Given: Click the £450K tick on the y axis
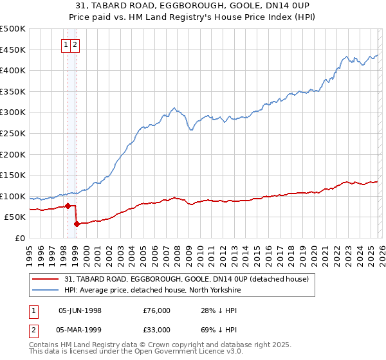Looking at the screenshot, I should pyautogui.click(x=13, y=50).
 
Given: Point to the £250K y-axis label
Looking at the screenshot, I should pyautogui.click(x=13, y=133).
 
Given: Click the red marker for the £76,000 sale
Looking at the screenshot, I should pyautogui.click(x=68, y=206).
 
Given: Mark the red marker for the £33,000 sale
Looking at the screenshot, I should pyautogui.click(x=77, y=224).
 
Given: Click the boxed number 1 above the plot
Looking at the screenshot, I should pyautogui.click(x=67, y=45).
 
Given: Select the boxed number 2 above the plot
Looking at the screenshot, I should pyautogui.click(x=76, y=45).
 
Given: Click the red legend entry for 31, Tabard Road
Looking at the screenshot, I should pyautogui.click(x=187, y=279).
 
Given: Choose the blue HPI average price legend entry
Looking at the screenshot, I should pyautogui.click(x=161, y=290).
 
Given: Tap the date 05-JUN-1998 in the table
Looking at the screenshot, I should pyautogui.click(x=80, y=310).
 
